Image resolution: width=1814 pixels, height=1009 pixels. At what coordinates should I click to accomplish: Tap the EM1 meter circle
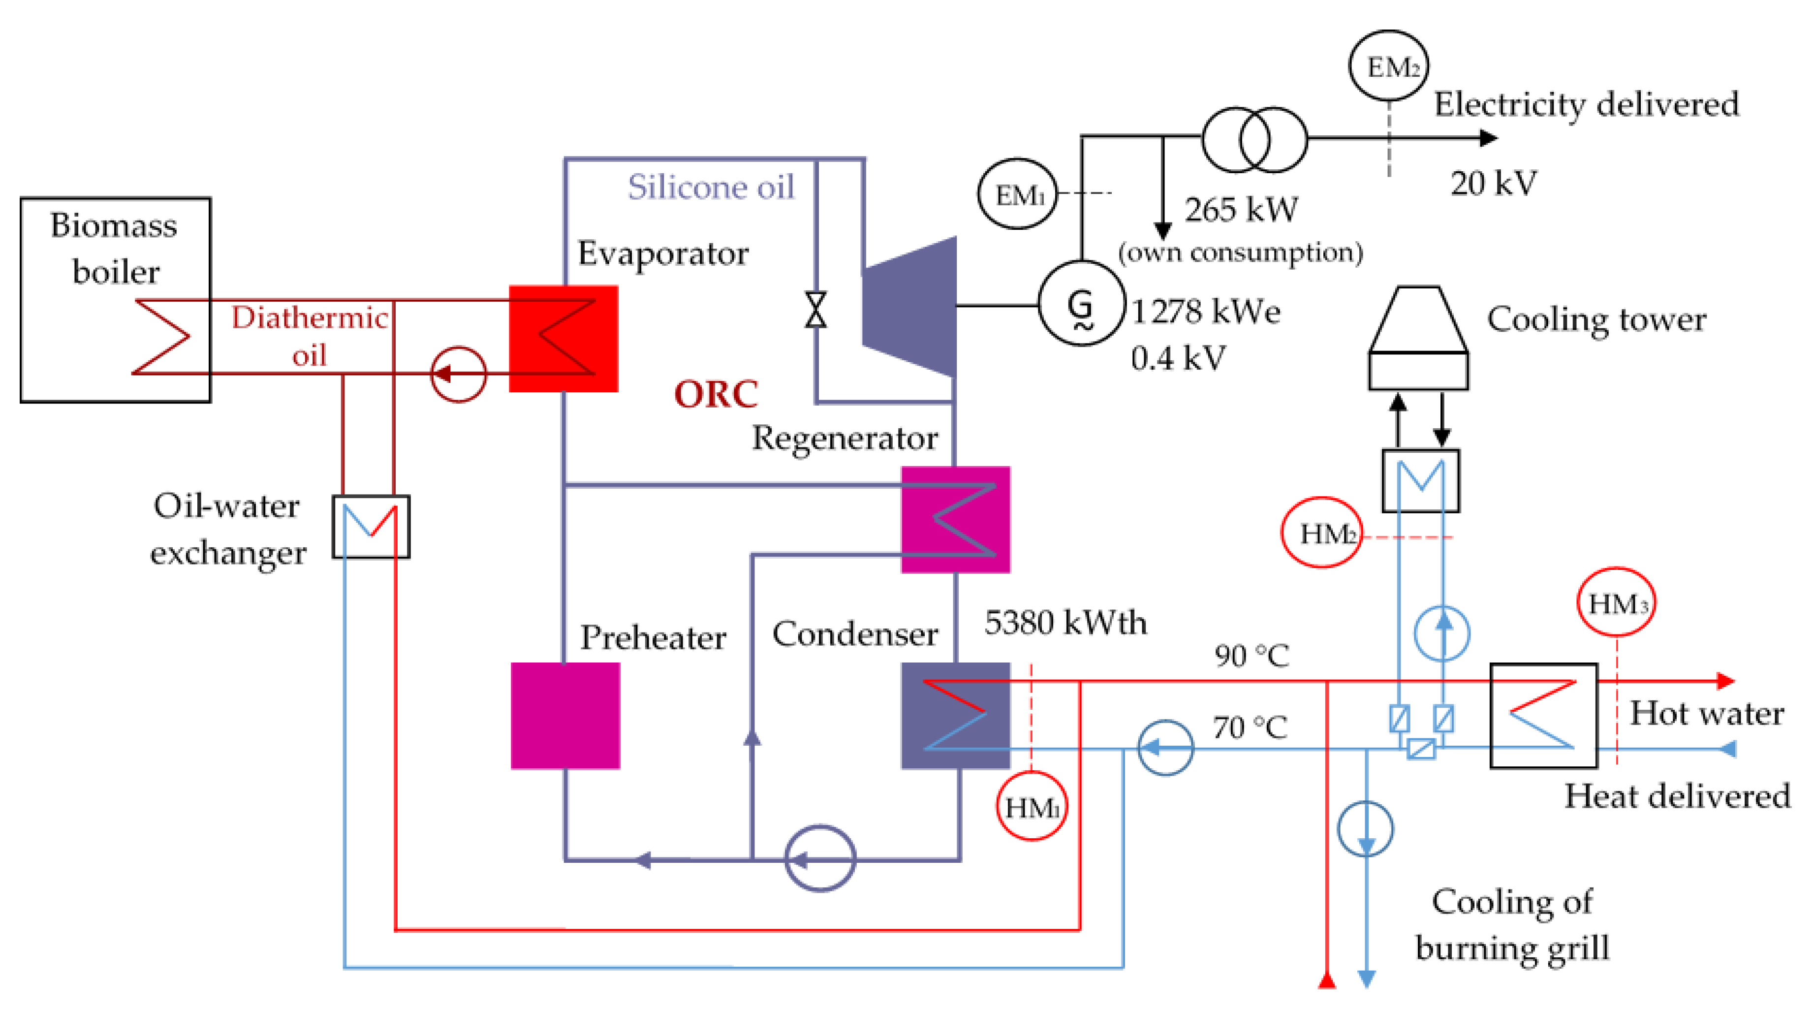tap(1018, 193)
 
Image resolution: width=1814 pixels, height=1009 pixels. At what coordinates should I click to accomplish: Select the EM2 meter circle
tap(1388, 65)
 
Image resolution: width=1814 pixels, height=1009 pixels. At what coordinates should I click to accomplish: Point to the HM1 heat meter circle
tap(1032, 806)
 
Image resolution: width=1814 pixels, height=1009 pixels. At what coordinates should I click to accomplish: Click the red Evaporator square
tap(563, 338)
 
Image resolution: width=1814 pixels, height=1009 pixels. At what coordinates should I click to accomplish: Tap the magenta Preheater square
tap(565, 715)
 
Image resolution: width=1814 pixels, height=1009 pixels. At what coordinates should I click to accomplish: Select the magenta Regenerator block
tap(956, 520)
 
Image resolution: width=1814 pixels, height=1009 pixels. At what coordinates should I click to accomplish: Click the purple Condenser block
tap(956, 715)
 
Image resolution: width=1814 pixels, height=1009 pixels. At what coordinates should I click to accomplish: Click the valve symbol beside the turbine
tap(815, 310)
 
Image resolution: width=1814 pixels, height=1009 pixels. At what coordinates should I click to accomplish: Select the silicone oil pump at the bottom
tap(820, 858)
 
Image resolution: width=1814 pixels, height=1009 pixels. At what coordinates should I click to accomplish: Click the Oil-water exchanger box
tap(371, 527)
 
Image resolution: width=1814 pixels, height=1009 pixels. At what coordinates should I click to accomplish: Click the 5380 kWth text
tap(1065, 623)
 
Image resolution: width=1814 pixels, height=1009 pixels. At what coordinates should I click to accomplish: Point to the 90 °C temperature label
tap(1251, 656)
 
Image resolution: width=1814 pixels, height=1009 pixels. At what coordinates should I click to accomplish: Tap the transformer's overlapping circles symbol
tap(1254, 139)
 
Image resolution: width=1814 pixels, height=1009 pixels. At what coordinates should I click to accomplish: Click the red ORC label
tap(716, 394)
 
